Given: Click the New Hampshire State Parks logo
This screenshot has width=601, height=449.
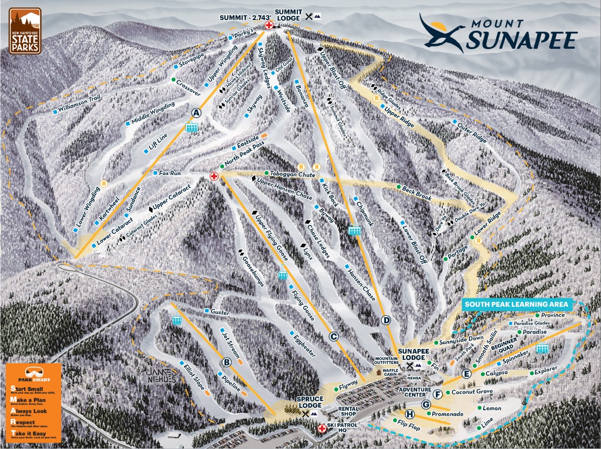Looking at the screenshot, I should tap(25, 30).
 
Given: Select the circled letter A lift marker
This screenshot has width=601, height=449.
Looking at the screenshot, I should tap(196, 112).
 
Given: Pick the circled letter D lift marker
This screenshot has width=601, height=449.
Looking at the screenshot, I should tap(386, 320).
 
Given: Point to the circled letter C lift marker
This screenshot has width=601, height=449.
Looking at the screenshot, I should tap(333, 336).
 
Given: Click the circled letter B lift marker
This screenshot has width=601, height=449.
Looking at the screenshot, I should tap(227, 362).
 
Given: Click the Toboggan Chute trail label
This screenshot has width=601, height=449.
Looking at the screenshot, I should tap(292, 174).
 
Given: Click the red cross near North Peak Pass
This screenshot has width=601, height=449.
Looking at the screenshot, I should tap(214, 176).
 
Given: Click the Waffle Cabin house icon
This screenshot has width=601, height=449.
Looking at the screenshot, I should tap(379, 373).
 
